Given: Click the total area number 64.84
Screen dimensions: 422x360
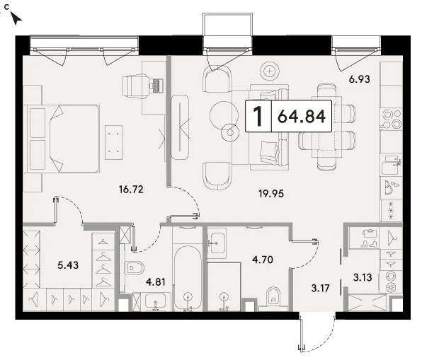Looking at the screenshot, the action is [x=302, y=116].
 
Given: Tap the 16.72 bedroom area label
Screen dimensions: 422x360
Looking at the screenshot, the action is [x=131, y=190].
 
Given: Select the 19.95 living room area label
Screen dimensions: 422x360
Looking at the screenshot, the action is [x=271, y=193].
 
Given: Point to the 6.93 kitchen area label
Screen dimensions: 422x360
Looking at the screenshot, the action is [x=359, y=79].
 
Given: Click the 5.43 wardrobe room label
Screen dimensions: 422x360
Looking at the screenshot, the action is [x=68, y=265].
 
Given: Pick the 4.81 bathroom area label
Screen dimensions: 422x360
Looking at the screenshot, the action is [x=156, y=282].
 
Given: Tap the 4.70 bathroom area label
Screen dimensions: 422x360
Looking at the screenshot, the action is [x=263, y=260].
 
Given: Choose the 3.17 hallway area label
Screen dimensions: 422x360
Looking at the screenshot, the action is [x=320, y=289].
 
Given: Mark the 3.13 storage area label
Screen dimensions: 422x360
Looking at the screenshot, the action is [x=363, y=277].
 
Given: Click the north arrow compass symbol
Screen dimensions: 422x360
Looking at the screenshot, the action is [x=16, y=18].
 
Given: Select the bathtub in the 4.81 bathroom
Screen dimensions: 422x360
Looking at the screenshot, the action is [x=188, y=278].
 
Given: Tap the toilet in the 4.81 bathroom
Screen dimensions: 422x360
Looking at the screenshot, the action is [x=134, y=268].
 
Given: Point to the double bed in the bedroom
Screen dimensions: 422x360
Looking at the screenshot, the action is [x=64, y=139].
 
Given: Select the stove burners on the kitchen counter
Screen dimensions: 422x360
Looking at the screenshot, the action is [x=392, y=119].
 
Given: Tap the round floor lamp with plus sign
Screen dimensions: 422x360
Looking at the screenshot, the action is [x=269, y=71].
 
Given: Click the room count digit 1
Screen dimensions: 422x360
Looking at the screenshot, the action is [x=258, y=116].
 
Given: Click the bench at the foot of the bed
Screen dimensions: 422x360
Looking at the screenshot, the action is [x=113, y=142].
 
